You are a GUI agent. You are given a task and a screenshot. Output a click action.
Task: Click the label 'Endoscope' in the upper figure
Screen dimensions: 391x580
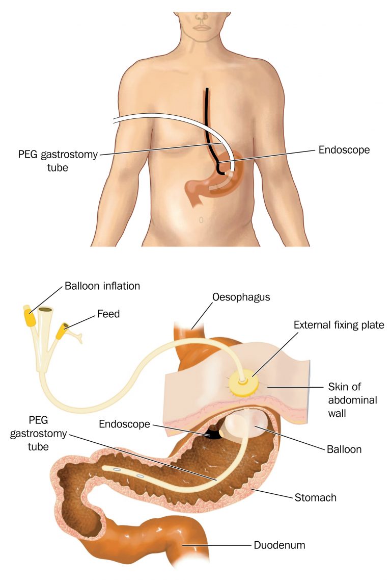(344, 150)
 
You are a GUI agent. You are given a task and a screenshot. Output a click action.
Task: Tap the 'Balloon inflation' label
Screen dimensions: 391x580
(102, 286)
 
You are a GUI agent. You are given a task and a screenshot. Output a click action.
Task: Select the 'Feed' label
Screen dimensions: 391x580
(108, 314)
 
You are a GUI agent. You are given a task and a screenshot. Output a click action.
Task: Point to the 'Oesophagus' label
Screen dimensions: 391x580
(241, 297)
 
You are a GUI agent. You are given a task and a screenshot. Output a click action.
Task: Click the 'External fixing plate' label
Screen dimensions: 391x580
(339, 325)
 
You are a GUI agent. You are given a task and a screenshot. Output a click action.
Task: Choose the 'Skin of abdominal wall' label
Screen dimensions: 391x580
(353, 400)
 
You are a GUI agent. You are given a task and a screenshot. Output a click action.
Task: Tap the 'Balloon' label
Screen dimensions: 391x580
(344, 449)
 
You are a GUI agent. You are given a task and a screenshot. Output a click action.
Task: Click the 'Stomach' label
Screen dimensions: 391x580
(315, 497)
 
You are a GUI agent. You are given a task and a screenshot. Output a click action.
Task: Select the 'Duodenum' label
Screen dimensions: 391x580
(280, 545)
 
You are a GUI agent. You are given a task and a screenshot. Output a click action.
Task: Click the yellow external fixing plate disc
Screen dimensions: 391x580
(243, 384)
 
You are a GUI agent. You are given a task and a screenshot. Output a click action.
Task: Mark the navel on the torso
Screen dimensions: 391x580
(201, 220)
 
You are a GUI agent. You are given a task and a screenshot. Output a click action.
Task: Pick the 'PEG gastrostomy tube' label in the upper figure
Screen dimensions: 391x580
(58, 161)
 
